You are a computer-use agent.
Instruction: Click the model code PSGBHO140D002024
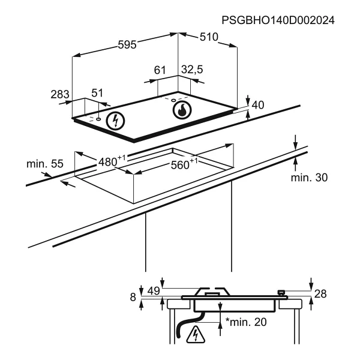pyautogui.click(x=278, y=20)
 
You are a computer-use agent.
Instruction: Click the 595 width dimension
pyautogui.click(x=127, y=44)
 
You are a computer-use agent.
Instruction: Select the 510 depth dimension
pyautogui.click(x=209, y=37)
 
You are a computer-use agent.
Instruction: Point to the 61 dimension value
pyautogui.click(x=160, y=70)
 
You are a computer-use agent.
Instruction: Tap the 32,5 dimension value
pyautogui.click(x=192, y=70)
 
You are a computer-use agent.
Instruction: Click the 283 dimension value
pyautogui.click(x=60, y=94)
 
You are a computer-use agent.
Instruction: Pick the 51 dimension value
pyautogui.click(x=97, y=93)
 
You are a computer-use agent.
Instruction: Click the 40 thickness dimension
pyautogui.click(x=258, y=105)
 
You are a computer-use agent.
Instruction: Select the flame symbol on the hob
pyautogui.click(x=182, y=110)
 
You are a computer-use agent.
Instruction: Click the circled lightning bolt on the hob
pyautogui.click(x=115, y=121)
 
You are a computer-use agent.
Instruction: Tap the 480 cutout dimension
pyautogui.click(x=112, y=161)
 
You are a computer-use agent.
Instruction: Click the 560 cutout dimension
pyautogui.click(x=184, y=164)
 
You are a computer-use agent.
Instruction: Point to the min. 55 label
pyautogui.click(x=45, y=164)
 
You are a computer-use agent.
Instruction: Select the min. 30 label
pyautogui.click(x=309, y=178)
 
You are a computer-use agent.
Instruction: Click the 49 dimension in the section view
pyautogui.click(x=154, y=291)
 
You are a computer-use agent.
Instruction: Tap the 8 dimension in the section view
pyautogui.click(x=133, y=297)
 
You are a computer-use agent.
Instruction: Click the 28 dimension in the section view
pyautogui.click(x=320, y=293)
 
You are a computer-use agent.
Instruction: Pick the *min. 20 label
pyautogui.click(x=246, y=322)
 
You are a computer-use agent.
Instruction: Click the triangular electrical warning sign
pyautogui.click(x=196, y=335)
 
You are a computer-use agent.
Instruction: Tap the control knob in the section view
pyautogui.click(x=281, y=293)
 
